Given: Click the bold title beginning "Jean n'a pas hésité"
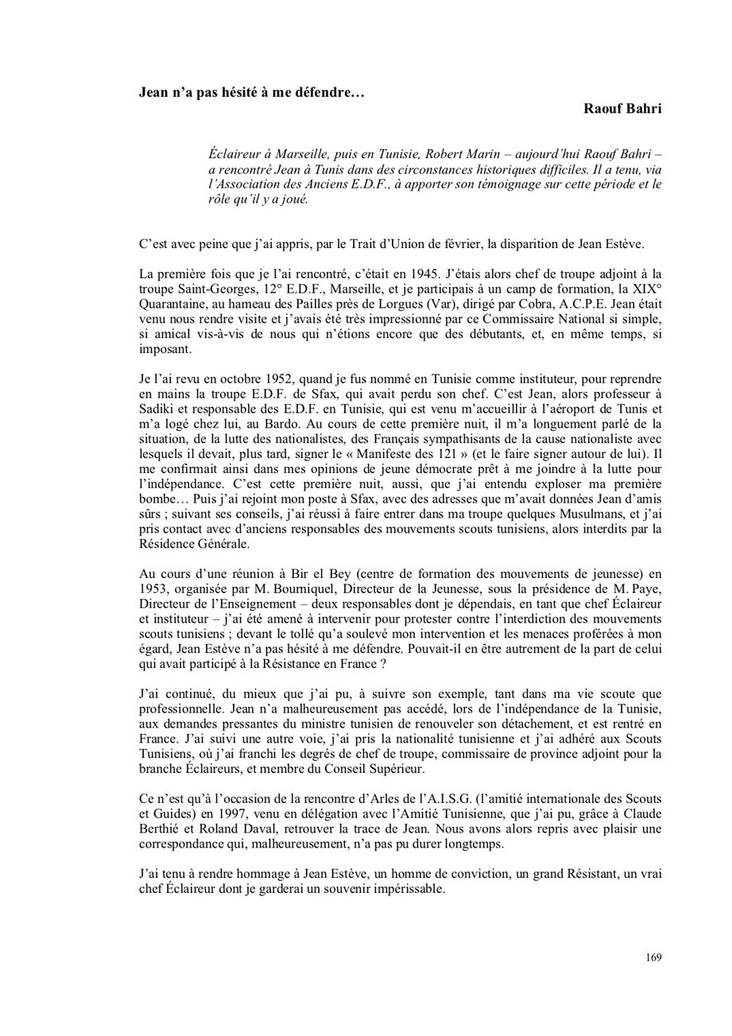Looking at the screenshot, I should pos(252,92).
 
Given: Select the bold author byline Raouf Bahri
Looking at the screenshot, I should pos(622,109).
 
